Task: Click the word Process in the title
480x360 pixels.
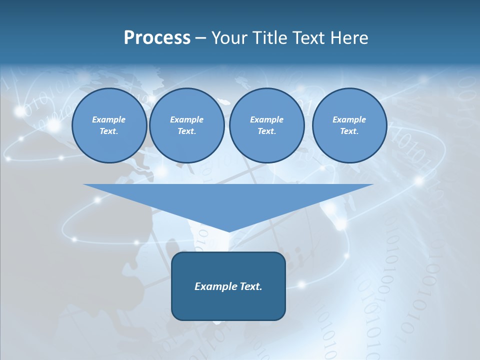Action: [x=157, y=38]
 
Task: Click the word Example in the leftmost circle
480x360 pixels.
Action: [x=109, y=119]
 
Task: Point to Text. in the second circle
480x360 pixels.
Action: [x=186, y=131]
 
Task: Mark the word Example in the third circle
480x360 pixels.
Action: [x=266, y=119]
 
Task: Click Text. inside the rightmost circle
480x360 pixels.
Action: [x=349, y=131]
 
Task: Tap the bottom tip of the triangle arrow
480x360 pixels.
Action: [x=228, y=230]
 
